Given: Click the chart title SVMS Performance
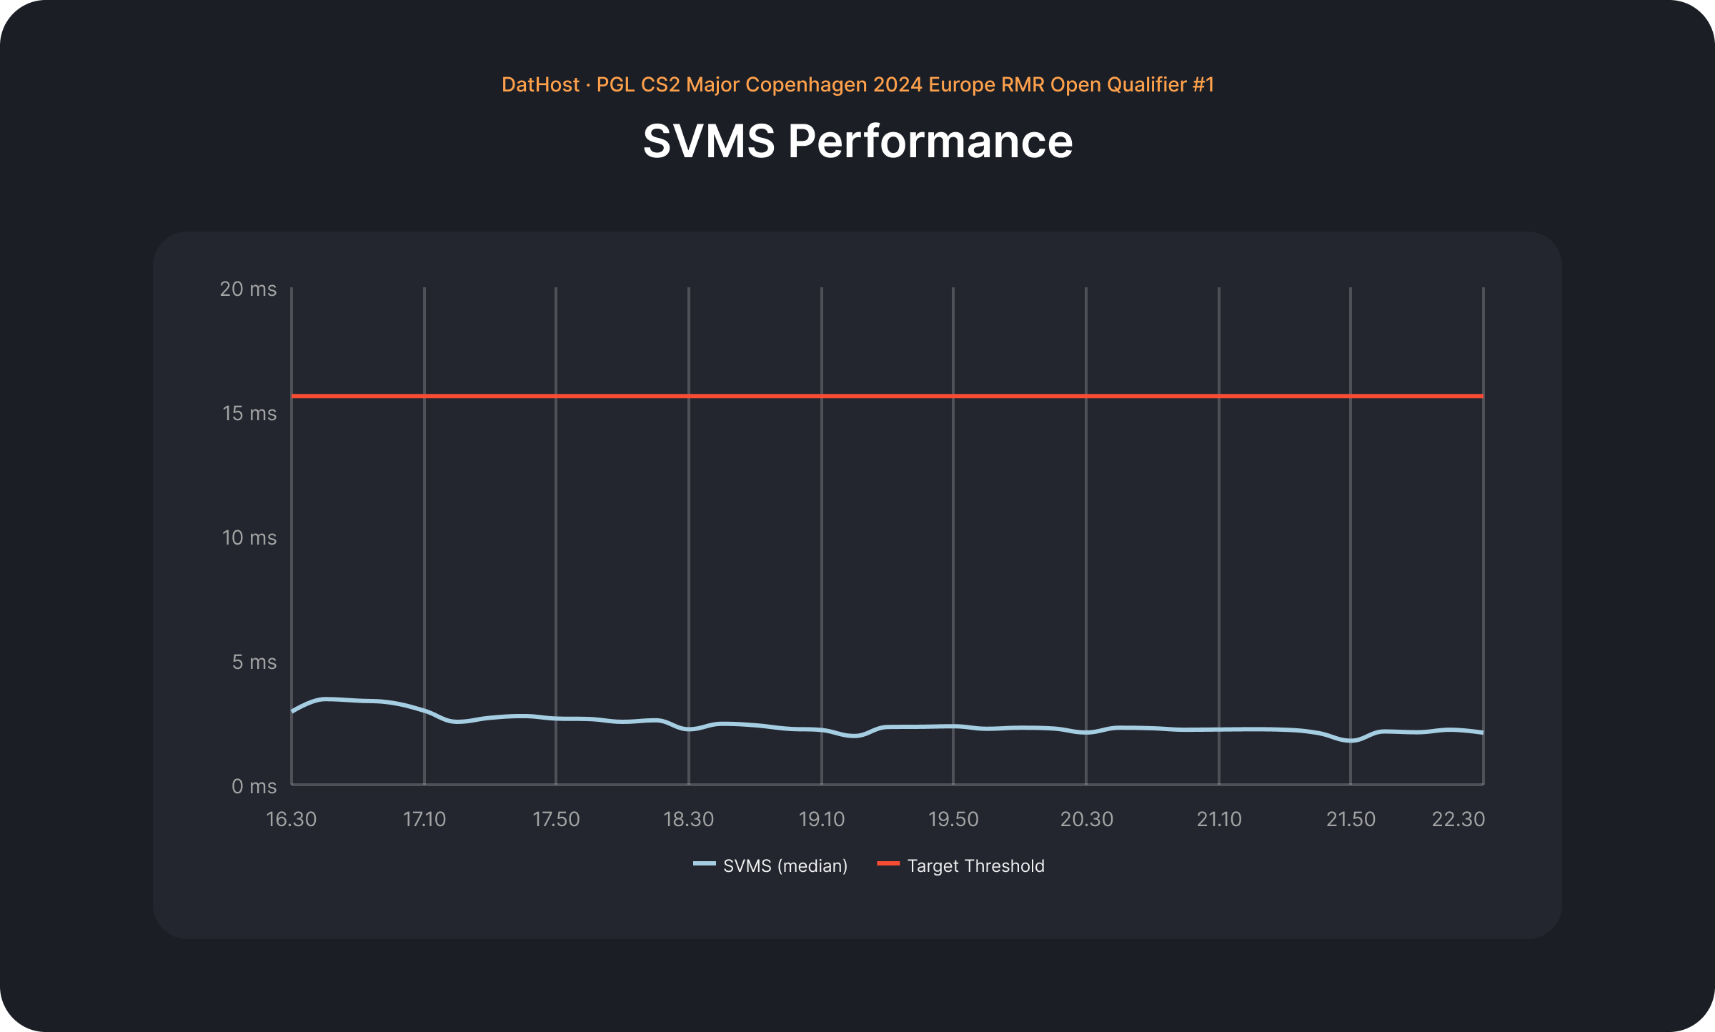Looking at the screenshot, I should coord(857,141).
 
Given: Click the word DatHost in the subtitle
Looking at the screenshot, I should coord(540,85).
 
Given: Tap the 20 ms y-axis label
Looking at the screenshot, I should coord(248,289).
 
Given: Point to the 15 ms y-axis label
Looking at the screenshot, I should coord(249,413).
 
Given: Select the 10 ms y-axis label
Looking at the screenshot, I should coord(249,537).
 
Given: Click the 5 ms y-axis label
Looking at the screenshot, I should coord(254,662).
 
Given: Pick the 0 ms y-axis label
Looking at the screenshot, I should coord(254,786).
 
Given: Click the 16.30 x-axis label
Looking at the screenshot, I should coord(291,819).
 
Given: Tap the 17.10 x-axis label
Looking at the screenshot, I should coord(424,819).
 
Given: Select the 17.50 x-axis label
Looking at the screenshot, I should coord(556,819).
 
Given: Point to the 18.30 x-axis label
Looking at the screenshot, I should coord(688,819).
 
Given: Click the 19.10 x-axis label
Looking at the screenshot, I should coord(821,819).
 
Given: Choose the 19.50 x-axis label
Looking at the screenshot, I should coord(953,819).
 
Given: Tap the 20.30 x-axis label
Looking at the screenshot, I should coord(1086,819).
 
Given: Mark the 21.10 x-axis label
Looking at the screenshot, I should coord(1219,819).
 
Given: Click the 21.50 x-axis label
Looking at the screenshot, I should coord(1351,819).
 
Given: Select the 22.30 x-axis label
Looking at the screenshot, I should coord(1458,819).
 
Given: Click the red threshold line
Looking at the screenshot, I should coord(886,396).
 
